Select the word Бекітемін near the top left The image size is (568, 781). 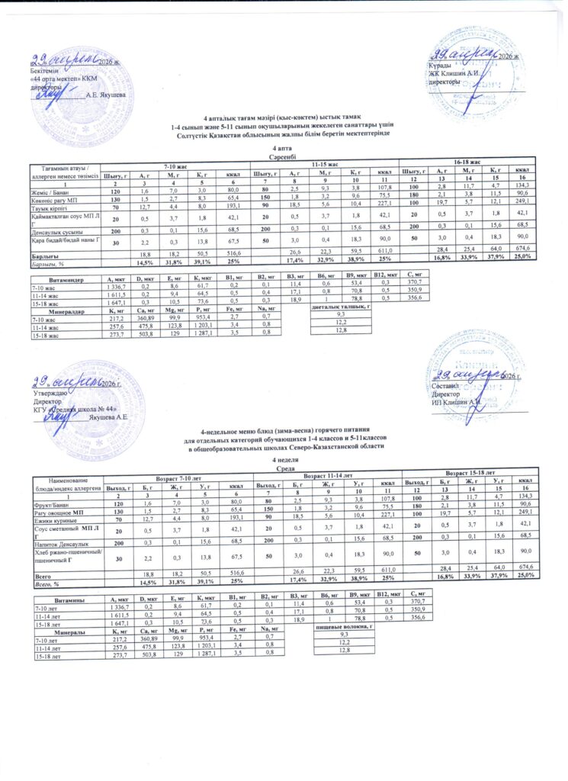pos(43,70)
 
